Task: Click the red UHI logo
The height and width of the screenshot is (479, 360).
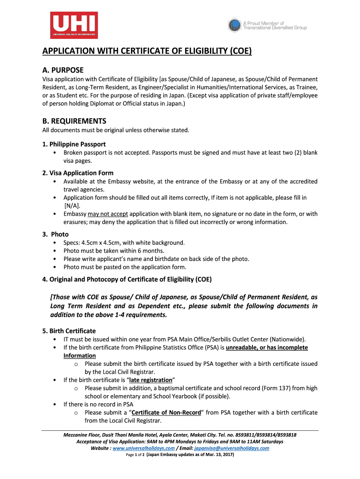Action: point(74,25)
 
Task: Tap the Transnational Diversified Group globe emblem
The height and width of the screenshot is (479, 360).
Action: point(234,25)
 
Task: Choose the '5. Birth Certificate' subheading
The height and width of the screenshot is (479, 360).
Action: point(69,331)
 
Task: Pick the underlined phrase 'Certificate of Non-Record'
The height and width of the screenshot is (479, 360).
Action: point(166,413)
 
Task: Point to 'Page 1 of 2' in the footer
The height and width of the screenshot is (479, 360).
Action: point(136,455)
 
